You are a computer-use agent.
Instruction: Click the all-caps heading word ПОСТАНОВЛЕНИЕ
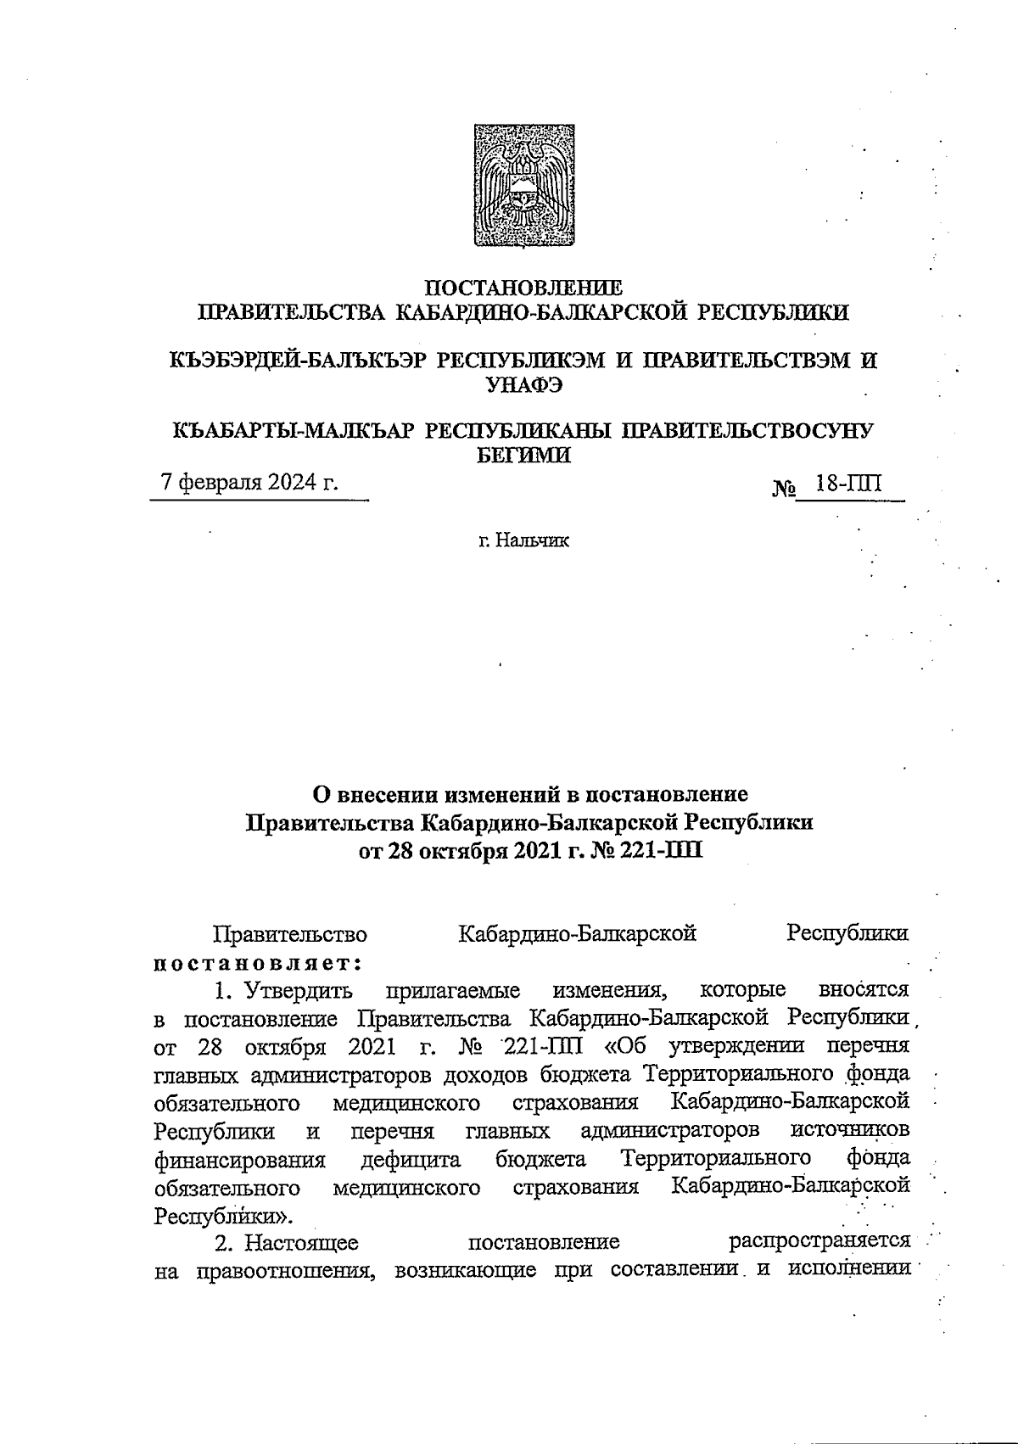(523, 287)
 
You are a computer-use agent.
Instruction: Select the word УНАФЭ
(523, 384)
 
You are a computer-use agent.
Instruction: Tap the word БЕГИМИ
(522, 456)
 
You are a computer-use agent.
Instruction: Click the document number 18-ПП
(848, 484)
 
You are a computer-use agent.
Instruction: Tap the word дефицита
(411, 1159)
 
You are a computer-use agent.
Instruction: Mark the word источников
(849, 1130)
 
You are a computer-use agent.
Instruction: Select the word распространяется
(820, 1243)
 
